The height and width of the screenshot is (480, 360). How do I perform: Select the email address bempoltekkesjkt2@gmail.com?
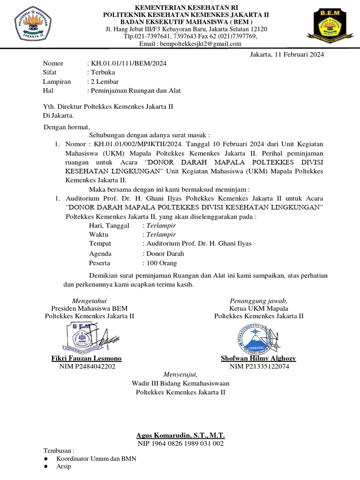tap(201, 44)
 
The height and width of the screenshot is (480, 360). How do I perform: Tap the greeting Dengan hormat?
tap(67, 127)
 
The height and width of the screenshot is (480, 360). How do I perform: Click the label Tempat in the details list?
tap(100, 244)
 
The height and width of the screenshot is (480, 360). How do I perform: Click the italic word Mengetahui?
tap(90, 300)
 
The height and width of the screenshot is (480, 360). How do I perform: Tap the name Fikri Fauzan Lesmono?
tap(86, 359)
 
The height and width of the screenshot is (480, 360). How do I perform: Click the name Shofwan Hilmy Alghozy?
tap(258, 359)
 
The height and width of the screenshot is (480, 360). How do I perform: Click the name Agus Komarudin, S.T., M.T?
tap(180, 435)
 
